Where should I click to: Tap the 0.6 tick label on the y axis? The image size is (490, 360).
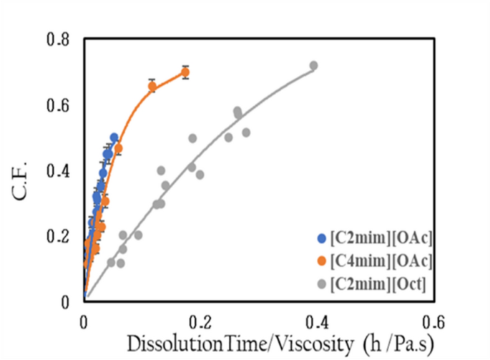pyautogui.click(x=61, y=106)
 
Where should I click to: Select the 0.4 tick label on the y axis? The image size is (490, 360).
pyautogui.click(x=61, y=171)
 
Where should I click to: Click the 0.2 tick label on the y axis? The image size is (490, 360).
pyautogui.click(x=61, y=237)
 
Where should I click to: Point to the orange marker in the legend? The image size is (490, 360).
pyautogui.click(x=322, y=258)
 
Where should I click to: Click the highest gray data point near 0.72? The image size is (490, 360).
pyautogui.click(x=313, y=66)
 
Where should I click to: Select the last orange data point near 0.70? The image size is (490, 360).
pyautogui.click(x=185, y=72)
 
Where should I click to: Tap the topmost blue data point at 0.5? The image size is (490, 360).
pyautogui.click(x=114, y=137)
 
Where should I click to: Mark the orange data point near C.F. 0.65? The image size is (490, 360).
pyautogui.click(x=152, y=86)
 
